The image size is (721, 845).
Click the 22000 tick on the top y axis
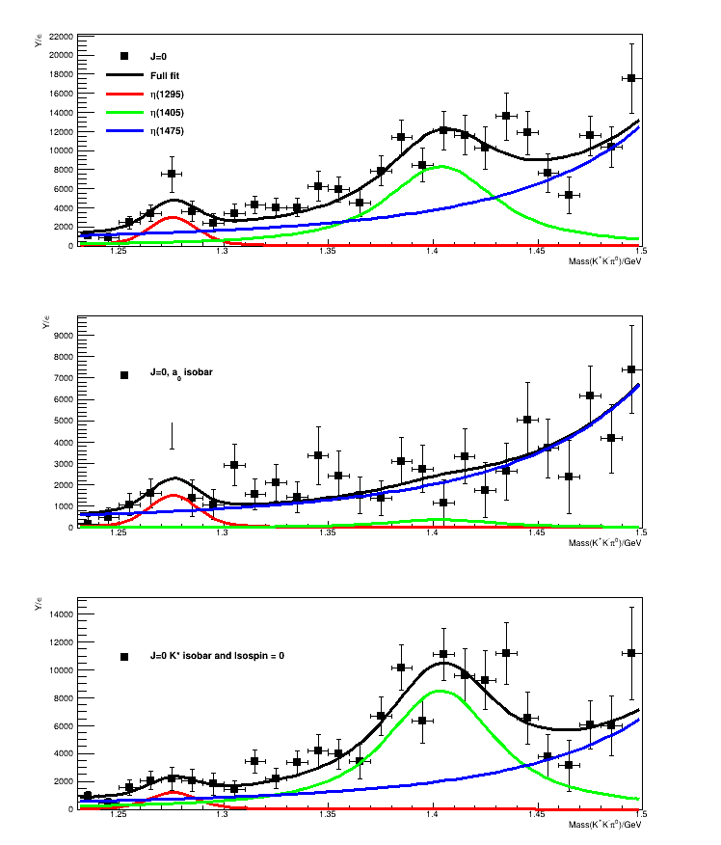(x=61, y=37)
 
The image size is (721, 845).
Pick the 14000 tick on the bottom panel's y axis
(x=61, y=613)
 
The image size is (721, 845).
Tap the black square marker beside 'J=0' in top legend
(x=124, y=56)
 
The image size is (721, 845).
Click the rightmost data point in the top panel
(x=631, y=78)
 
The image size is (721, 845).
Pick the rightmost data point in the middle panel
(x=631, y=369)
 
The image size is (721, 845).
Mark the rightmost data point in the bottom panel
(x=631, y=653)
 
